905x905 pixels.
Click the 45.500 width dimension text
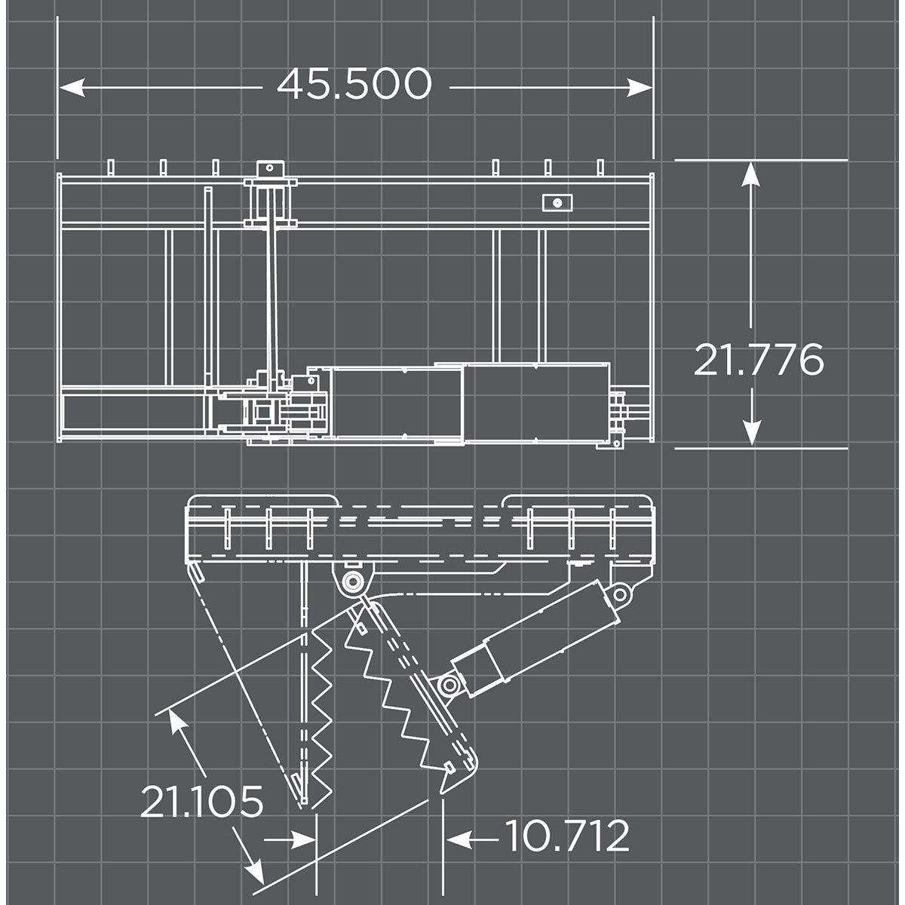[x=354, y=84]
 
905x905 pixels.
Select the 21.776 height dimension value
[x=759, y=359]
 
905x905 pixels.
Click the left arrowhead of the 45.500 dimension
[x=72, y=87]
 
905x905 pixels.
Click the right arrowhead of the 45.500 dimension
[x=640, y=87]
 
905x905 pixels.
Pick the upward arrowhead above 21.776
[x=751, y=175]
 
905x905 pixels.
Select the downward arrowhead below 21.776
[x=751, y=431]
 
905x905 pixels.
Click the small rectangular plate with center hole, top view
[x=557, y=203]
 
